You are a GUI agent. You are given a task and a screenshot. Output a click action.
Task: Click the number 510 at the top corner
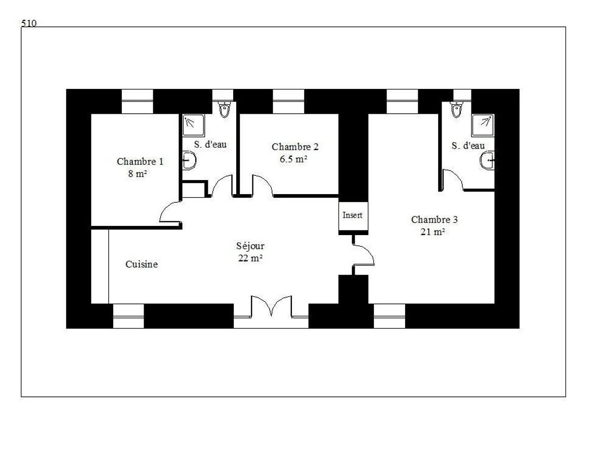click(x=29, y=23)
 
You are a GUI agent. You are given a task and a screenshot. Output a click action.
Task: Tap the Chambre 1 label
click(x=140, y=162)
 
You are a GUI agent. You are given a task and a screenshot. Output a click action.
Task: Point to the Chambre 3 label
click(x=434, y=220)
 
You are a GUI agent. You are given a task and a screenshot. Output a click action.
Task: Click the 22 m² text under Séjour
click(x=250, y=258)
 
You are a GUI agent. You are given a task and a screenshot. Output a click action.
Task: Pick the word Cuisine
click(x=142, y=264)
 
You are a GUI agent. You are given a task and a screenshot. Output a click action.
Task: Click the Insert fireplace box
click(x=353, y=215)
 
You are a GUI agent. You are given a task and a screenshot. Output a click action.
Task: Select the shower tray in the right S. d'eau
click(x=483, y=125)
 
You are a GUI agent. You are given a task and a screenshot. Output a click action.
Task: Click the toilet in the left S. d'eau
click(x=224, y=109)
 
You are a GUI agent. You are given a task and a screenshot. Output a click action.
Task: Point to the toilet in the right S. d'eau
click(x=457, y=109)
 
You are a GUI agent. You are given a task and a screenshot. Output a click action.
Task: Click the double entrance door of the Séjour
click(x=271, y=307)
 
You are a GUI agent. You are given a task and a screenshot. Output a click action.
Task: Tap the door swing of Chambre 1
click(x=170, y=212)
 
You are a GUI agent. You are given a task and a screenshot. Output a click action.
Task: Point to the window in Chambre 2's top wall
click(x=288, y=101)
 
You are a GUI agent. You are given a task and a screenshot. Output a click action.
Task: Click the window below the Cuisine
click(x=128, y=316)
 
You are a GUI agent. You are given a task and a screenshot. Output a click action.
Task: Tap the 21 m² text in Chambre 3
click(x=432, y=232)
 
